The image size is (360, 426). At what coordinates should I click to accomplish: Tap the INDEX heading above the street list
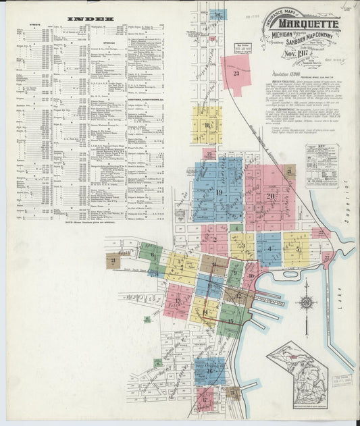pos(91,19)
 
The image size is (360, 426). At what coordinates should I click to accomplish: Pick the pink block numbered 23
pos(236,73)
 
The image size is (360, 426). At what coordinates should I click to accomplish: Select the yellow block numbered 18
pos(207,125)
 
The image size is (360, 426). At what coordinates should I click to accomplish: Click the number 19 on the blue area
pos(220,192)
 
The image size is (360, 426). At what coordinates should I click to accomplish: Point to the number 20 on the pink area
pos(270,196)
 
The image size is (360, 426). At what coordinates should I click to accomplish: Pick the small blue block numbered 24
pos(217,14)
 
